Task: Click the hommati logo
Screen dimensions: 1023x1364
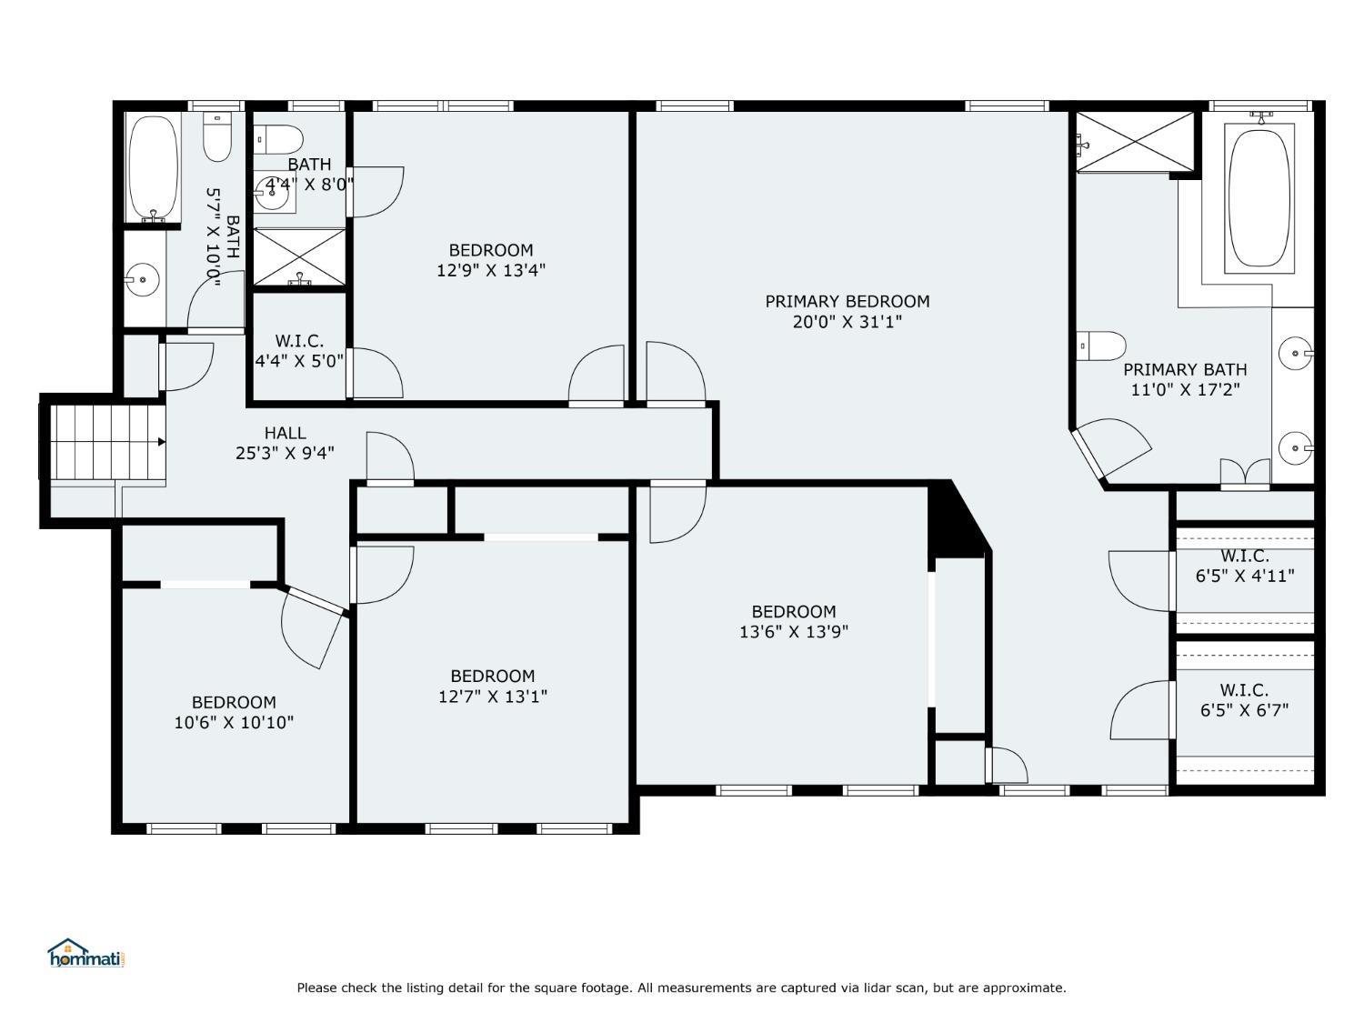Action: coord(84,954)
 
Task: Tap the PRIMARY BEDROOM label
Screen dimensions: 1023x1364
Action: coord(847,301)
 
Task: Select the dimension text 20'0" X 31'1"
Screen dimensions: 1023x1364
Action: coord(847,322)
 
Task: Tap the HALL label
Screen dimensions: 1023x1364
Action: coord(285,433)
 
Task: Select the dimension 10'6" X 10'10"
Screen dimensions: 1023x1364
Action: coord(234,723)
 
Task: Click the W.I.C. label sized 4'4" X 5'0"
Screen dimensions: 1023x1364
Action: coord(299,341)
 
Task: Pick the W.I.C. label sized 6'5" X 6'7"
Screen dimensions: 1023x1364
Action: coord(1244,690)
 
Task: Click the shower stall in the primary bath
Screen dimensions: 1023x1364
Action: coord(1135,141)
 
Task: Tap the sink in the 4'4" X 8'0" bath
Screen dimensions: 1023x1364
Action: coord(272,189)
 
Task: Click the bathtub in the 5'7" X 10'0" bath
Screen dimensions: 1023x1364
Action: coord(152,167)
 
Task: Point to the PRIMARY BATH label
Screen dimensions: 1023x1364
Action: coord(1185,369)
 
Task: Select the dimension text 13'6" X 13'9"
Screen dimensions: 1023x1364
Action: coord(793,632)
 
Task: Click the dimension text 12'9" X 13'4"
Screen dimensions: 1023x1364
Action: coord(491,270)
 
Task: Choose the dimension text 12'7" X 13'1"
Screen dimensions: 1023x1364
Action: coord(493,697)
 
